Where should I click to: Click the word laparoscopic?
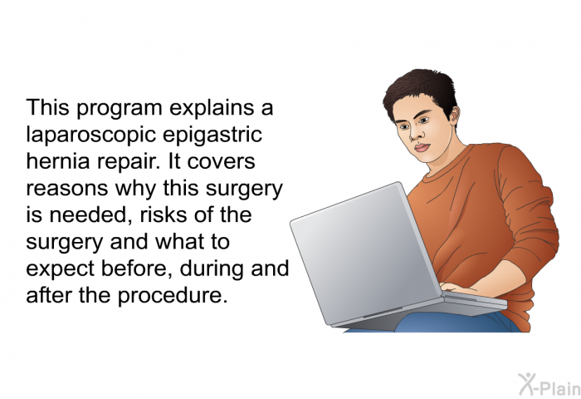(90, 135)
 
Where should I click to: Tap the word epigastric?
(212, 135)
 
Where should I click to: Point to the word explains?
(212, 108)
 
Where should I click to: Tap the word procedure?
(173, 296)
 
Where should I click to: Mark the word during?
(211, 269)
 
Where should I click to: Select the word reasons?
(66, 189)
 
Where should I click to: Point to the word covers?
(221, 162)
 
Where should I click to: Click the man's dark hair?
(421, 89)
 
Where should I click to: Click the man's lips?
(422, 147)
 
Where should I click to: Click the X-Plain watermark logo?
(549, 385)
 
